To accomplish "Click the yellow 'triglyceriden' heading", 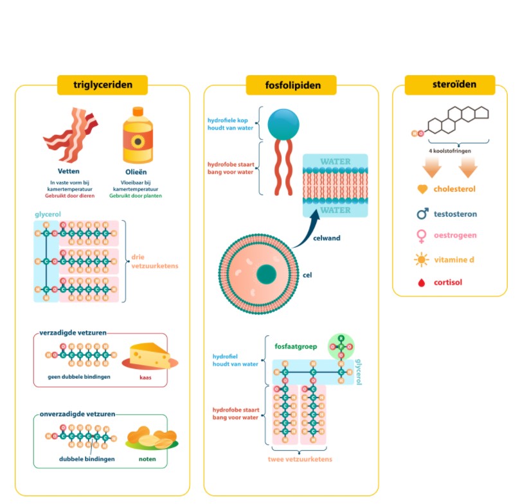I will tap(102, 85).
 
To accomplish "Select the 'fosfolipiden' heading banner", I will tap(291, 85).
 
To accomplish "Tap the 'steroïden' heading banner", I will tap(449, 85).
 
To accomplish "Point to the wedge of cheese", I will tap(149, 356).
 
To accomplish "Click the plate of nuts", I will tap(152, 439).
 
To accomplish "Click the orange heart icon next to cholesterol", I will tap(422, 189).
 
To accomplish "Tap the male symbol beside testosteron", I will tap(422, 213).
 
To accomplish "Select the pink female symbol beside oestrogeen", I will tap(422, 236).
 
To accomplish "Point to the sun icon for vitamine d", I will tap(422, 259).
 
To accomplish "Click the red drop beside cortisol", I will tap(422, 282).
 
